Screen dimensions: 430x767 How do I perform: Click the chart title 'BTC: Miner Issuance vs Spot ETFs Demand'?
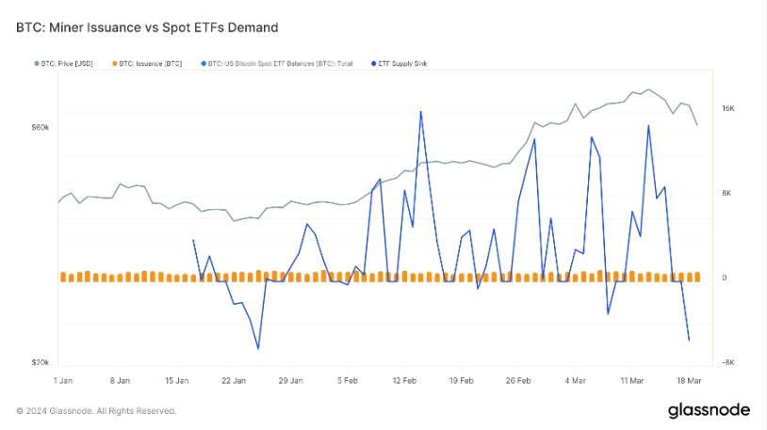(147, 28)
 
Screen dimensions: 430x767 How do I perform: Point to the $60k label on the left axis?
(41, 127)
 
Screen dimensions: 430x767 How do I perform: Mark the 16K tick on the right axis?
(727, 109)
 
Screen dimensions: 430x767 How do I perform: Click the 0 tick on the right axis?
(724, 278)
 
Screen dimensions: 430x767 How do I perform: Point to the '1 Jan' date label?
(63, 381)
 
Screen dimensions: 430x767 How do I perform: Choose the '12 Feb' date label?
(404, 381)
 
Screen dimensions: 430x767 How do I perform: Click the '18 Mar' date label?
(689, 381)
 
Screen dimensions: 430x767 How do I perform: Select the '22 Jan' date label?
(234, 381)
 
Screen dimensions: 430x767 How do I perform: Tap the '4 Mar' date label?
(576, 381)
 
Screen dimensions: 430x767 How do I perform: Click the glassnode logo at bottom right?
(709, 410)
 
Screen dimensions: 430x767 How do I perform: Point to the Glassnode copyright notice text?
(96, 411)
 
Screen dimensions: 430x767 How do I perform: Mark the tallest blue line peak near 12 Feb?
(420, 112)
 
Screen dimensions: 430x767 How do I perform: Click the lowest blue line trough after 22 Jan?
(257, 348)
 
